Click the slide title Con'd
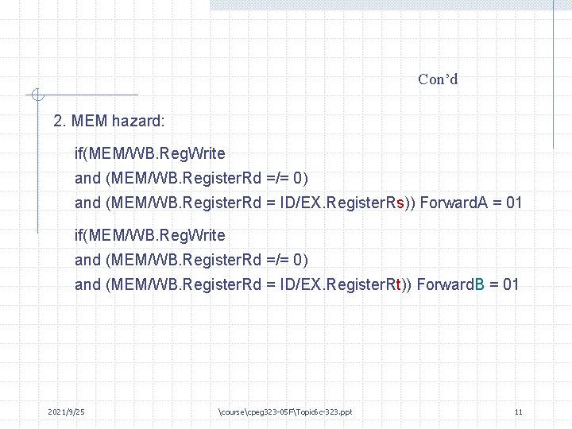[x=438, y=79]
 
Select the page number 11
[x=518, y=412]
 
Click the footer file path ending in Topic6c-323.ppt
[x=284, y=412]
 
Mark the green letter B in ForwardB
[x=479, y=284]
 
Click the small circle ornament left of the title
[x=35, y=95]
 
